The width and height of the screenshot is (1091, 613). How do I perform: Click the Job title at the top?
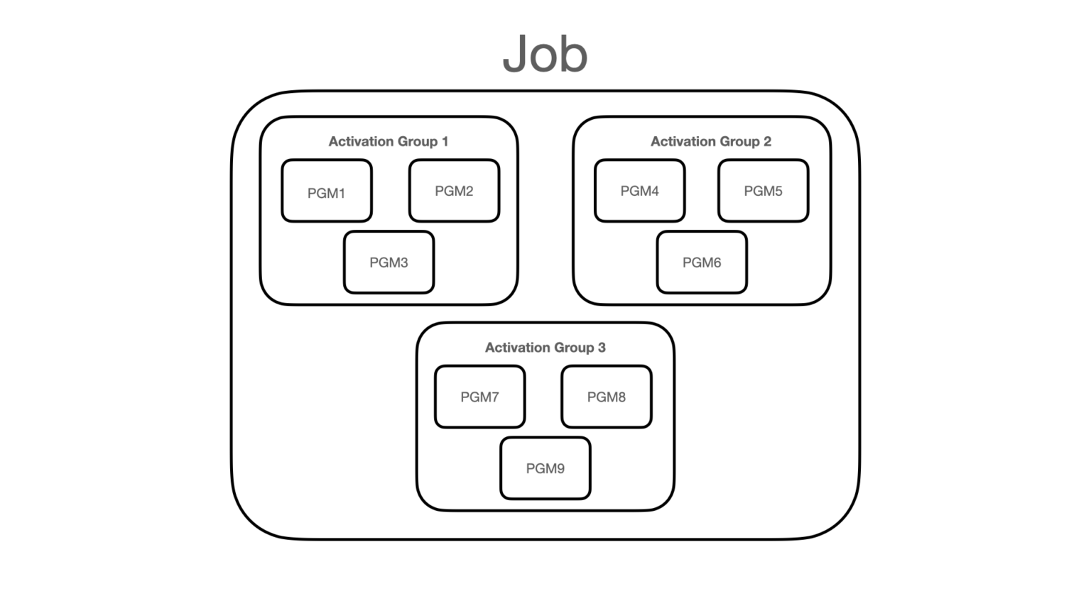[545, 54]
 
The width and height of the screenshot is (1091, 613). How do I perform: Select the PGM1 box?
[327, 192]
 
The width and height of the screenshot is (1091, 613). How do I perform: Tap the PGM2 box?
[454, 191]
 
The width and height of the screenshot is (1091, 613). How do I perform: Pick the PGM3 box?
[389, 263]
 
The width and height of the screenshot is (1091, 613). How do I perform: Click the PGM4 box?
[639, 191]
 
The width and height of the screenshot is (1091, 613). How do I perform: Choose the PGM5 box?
[763, 191]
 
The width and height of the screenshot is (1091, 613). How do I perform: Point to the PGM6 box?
[702, 263]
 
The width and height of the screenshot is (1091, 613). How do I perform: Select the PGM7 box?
[479, 397]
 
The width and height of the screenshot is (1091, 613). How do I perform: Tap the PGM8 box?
[606, 397]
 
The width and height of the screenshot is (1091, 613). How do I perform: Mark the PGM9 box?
[545, 468]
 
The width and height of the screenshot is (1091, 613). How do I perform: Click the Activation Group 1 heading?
[388, 141]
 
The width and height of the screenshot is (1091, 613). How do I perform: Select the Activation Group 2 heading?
[710, 141]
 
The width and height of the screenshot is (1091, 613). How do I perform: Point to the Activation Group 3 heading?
[545, 348]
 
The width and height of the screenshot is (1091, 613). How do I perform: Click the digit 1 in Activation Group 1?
[445, 141]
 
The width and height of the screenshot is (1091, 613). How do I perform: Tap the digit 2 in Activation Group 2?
[767, 141]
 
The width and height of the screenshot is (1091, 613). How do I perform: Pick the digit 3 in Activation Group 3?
[602, 348]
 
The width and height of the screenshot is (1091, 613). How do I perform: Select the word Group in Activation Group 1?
[418, 142]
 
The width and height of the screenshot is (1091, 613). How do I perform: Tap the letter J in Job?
[515, 54]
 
